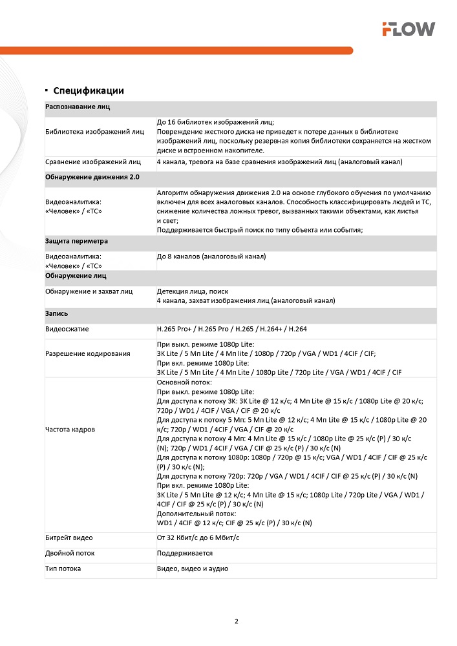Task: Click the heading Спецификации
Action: point(89,90)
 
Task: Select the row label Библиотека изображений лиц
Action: point(95,132)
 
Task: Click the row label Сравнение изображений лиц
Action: point(93,161)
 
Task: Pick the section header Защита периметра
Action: point(76,241)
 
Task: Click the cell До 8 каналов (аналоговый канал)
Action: point(211,256)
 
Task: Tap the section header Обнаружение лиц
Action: point(76,276)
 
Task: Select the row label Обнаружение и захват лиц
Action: point(89,291)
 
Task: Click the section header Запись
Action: point(56,313)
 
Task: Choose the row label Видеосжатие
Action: point(67,329)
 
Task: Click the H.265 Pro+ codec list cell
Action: point(231,329)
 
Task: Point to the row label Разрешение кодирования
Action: point(88,353)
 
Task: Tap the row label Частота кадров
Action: point(70,429)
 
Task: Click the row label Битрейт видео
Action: point(69,537)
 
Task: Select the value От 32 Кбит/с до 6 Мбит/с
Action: point(203,537)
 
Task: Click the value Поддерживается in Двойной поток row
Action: point(185,553)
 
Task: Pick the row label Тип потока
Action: point(63,568)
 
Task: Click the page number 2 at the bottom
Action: point(236,622)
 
